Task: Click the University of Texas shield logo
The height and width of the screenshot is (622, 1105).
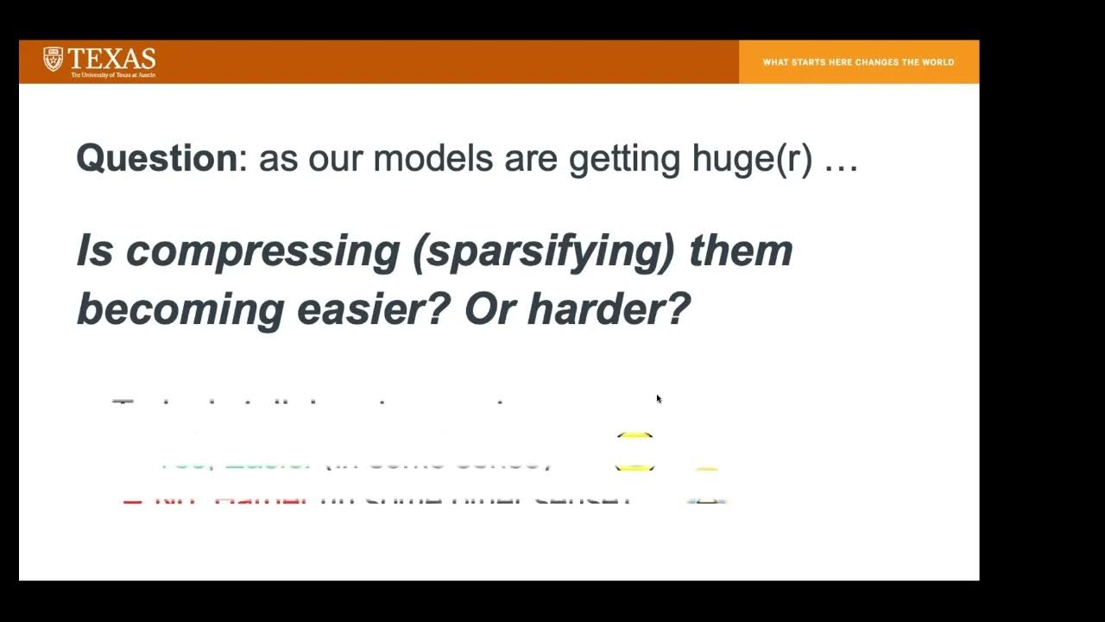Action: pos(53,59)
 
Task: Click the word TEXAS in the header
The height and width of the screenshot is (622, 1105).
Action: pos(111,59)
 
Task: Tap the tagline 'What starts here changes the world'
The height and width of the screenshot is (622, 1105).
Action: pos(858,62)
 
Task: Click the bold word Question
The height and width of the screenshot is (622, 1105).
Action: pos(155,159)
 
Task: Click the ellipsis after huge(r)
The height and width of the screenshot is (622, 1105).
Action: pos(841,162)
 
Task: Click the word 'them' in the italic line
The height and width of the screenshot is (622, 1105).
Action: pos(741,251)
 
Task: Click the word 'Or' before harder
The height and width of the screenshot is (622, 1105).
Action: pos(489,309)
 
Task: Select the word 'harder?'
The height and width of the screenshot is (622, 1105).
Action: pos(609,309)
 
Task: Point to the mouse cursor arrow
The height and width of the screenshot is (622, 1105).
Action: pos(659,399)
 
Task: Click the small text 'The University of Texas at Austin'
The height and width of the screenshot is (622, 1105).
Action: pos(112,75)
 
